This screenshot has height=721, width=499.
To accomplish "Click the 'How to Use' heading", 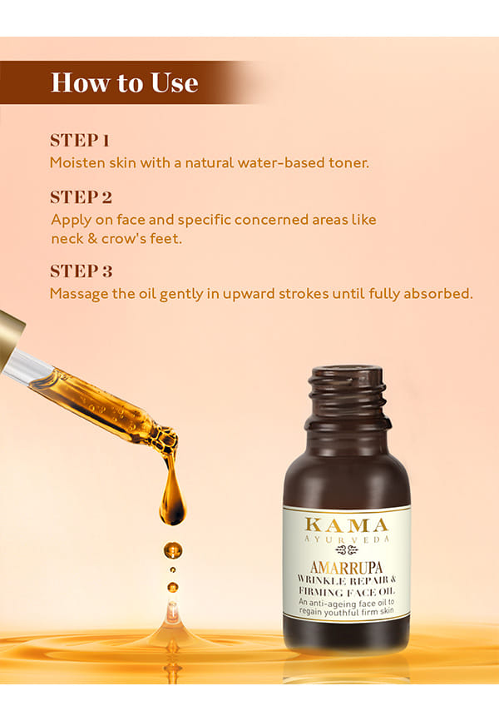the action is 125,82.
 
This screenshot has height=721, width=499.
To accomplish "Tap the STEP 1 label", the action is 80,141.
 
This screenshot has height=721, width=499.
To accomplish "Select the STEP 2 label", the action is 82,197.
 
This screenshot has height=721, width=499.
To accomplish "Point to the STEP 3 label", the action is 82,271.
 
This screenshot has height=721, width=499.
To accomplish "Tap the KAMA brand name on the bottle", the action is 347,525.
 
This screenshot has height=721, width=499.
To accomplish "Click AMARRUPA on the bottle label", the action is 346,567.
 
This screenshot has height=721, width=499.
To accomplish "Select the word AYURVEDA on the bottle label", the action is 347,539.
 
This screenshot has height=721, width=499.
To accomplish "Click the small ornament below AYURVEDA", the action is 347,550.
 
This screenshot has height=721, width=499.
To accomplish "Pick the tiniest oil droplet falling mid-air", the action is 173,569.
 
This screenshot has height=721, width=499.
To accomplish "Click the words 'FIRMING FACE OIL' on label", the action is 347,591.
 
